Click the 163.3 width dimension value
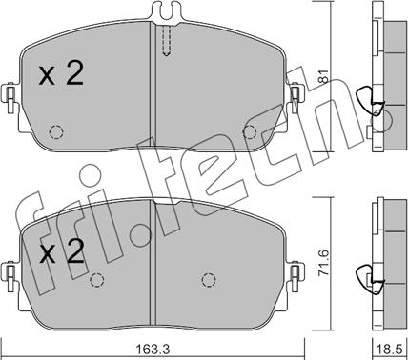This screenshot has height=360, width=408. pyautogui.click(x=153, y=350)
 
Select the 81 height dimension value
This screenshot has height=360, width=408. pyautogui.click(x=324, y=76)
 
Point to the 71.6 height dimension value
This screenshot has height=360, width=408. pyautogui.click(x=324, y=263)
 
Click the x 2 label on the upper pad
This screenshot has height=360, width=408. pyautogui.click(x=61, y=73)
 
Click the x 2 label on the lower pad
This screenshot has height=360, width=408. pyautogui.click(x=62, y=251)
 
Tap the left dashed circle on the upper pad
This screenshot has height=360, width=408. pyautogui.click(x=56, y=131)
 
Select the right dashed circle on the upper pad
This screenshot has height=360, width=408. pyautogui.click(x=250, y=131)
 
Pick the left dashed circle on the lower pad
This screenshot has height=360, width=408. pyautogui.click(x=97, y=280)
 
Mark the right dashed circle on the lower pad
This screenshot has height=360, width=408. pyautogui.click(x=209, y=280)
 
